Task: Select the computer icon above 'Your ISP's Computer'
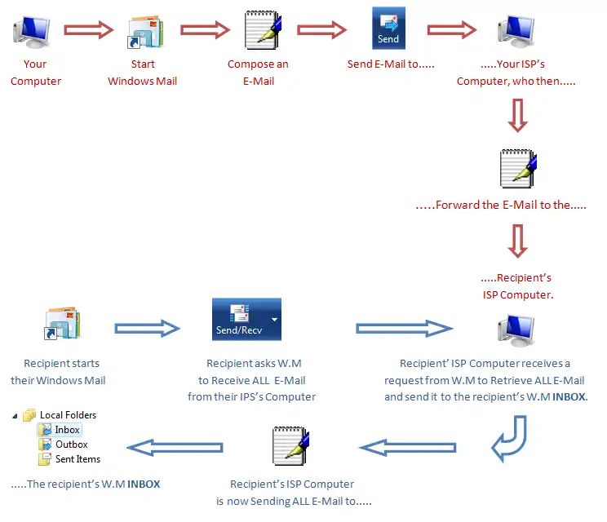[x=516, y=31]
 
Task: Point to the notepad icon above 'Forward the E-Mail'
[x=517, y=168]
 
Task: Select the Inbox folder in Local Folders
[x=67, y=430]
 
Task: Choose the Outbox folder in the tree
[x=71, y=445]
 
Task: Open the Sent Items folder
[x=78, y=459]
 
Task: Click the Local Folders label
[x=68, y=415]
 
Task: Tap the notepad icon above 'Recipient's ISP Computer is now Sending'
[x=289, y=447]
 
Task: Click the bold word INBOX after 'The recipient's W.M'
[x=144, y=484]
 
